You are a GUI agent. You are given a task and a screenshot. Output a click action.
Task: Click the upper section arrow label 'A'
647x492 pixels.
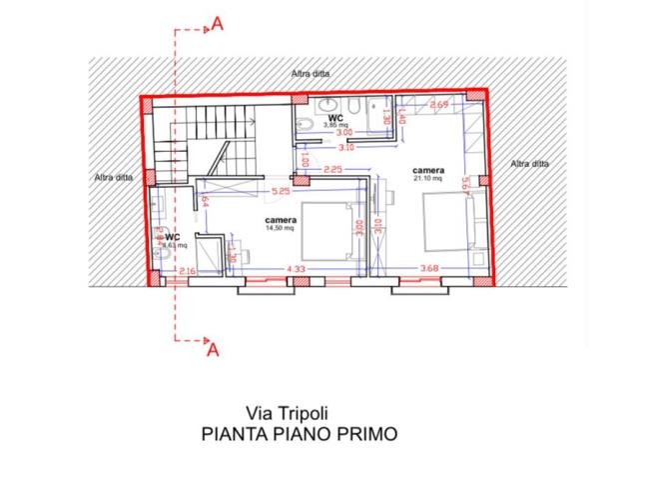pos(215,25)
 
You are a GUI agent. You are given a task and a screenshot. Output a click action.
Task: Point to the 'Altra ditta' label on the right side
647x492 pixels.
pos(528,163)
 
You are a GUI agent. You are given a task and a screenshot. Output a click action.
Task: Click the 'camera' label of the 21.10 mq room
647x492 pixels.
pos(429,171)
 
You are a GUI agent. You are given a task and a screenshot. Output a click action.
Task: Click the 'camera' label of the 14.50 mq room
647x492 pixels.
pos(281,219)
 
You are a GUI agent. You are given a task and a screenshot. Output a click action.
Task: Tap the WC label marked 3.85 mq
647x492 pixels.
pos(335,118)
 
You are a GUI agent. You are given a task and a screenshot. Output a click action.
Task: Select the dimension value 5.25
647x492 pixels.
pos(281,189)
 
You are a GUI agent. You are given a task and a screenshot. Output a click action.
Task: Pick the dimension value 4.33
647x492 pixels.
pos(296,268)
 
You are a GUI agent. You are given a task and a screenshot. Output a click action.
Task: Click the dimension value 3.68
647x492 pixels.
pos(429,268)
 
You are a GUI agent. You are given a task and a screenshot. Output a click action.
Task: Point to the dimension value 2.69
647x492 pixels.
pos(438,105)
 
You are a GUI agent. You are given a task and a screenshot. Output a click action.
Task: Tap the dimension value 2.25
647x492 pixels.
pos(333,168)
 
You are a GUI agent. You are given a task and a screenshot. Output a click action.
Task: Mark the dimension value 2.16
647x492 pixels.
pos(186,270)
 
